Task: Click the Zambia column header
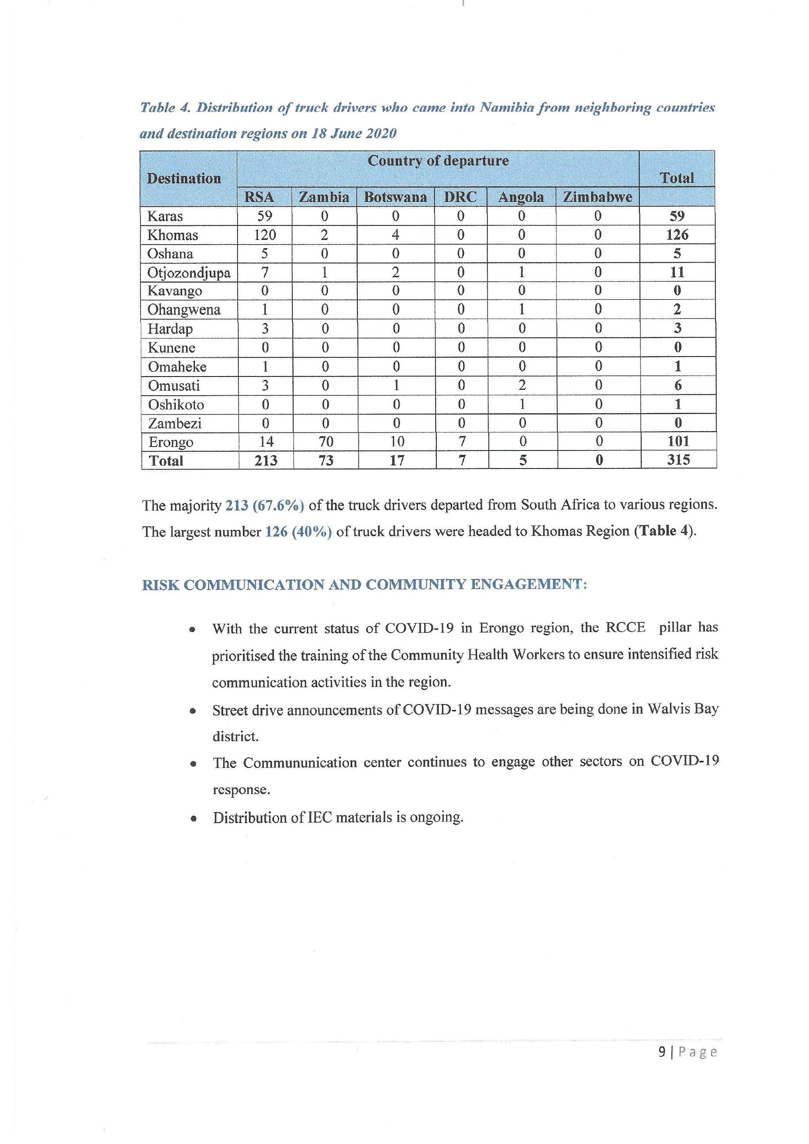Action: point(324,197)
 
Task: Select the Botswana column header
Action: point(396,197)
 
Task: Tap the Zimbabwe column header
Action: point(597,197)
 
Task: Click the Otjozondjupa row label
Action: point(189,272)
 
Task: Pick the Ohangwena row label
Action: point(184,310)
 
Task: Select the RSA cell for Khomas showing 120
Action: point(265,235)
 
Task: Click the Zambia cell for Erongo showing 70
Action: point(326,441)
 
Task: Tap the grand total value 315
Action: point(678,459)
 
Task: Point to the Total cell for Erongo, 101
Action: point(678,441)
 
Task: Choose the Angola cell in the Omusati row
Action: point(522,385)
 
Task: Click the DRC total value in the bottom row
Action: point(462,460)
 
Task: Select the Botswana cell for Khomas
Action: point(396,235)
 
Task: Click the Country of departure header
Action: point(438,161)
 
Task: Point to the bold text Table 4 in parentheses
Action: point(665,531)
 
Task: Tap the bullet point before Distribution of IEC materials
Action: point(193,818)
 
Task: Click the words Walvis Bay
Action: point(683,709)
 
